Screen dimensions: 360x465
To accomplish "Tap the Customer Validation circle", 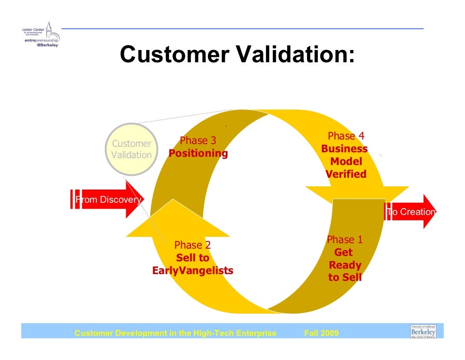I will coord(132,150).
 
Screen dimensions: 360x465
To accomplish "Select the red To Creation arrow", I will coord(411,212).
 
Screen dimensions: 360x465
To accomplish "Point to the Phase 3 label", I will coord(198,141).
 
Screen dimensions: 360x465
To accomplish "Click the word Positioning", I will coord(198,153).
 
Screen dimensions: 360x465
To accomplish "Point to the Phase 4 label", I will coord(346,136).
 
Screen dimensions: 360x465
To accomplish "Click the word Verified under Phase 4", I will coord(346,174).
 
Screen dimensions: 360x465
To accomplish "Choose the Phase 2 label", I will coord(193,245).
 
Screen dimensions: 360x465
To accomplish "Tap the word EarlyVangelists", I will coord(193,271).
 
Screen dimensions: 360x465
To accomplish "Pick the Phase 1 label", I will coord(345,240).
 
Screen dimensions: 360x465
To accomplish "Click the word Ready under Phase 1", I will coord(345,265).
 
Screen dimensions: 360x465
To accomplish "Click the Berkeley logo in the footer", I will coord(423,331).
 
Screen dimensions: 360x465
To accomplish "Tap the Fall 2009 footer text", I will coord(321,334).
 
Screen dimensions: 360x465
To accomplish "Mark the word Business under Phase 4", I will coord(345,149).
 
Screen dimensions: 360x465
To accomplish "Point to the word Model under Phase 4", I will coord(346,161).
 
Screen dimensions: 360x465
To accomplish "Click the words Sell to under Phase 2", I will coord(193,258).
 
